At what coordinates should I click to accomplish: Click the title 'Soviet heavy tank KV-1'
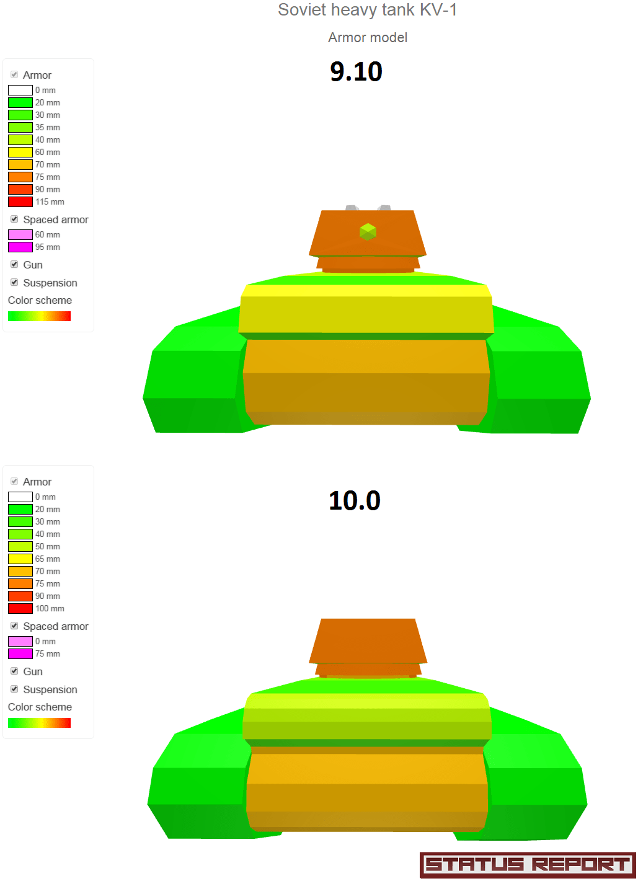point(367,10)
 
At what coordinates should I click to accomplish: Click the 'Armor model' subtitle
point(368,38)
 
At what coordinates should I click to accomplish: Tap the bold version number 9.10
point(356,71)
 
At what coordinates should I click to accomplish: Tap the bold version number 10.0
point(355,501)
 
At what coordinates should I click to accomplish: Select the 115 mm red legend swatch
point(20,201)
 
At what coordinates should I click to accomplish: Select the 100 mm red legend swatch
point(20,608)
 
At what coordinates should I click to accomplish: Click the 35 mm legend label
point(48,128)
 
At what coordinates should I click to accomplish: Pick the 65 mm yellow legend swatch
point(20,559)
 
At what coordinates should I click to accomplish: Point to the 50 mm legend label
point(48,547)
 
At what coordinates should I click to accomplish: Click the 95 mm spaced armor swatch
point(20,247)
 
